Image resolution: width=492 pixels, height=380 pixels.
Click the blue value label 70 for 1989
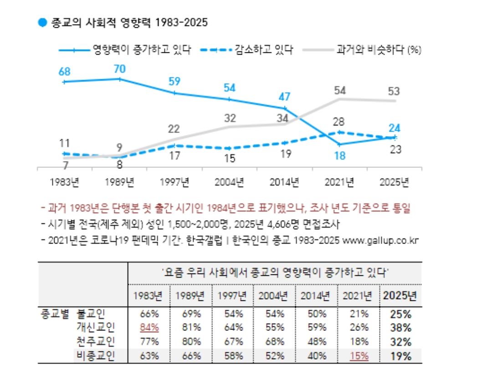(x=120, y=69)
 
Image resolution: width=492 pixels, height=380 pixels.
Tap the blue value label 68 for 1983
(x=65, y=72)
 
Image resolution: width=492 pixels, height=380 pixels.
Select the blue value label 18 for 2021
(x=339, y=156)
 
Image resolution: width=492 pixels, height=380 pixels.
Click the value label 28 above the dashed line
(x=339, y=122)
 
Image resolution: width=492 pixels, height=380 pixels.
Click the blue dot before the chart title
(x=42, y=22)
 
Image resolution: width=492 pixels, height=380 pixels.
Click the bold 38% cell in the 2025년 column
(x=400, y=328)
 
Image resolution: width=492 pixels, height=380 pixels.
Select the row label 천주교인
(x=97, y=342)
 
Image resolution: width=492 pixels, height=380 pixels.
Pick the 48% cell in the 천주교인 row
(x=317, y=342)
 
